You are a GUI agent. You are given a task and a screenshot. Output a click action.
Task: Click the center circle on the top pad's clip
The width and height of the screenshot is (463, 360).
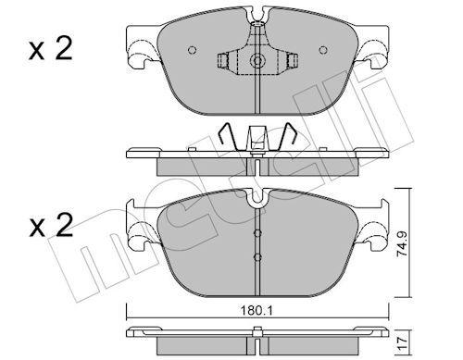click(x=257, y=62)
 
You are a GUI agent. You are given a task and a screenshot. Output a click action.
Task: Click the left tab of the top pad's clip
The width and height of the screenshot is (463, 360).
click(x=222, y=62)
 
